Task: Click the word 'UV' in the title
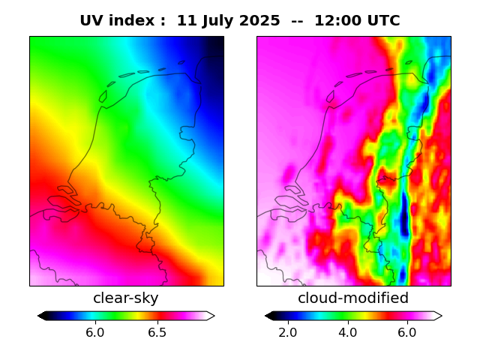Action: [92, 21]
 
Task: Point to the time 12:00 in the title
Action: [337, 21]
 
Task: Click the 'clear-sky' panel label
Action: [126, 298]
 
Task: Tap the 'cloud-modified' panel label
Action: [353, 298]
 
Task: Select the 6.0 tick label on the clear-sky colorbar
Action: [94, 332]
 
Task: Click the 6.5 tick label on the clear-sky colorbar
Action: [157, 332]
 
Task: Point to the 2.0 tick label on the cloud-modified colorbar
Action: [288, 332]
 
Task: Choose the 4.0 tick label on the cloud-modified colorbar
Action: [347, 332]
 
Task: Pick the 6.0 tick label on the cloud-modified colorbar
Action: [406, 332]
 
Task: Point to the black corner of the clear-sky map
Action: [218, 41]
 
